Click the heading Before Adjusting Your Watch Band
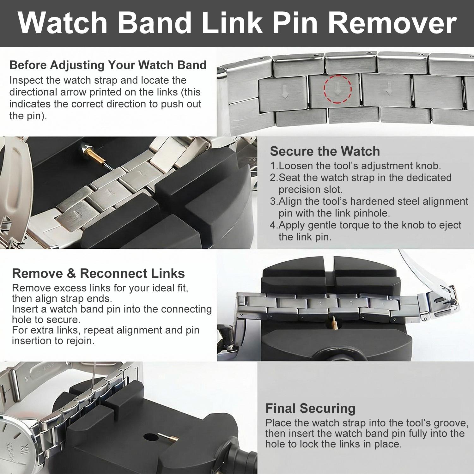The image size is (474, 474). (108, 65)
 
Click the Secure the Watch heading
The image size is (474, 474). (325, 151)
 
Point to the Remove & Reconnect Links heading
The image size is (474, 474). (98, 273)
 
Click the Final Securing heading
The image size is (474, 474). (310, 408)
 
